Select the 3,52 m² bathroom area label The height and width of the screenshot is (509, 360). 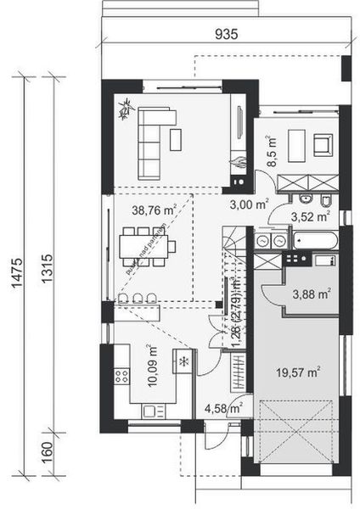[x=310, y=217]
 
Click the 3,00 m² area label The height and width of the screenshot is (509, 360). [x=249, y=204]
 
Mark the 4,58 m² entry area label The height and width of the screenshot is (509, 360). [x=225, y=415]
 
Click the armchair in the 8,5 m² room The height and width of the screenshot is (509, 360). [x=323, y=143]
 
